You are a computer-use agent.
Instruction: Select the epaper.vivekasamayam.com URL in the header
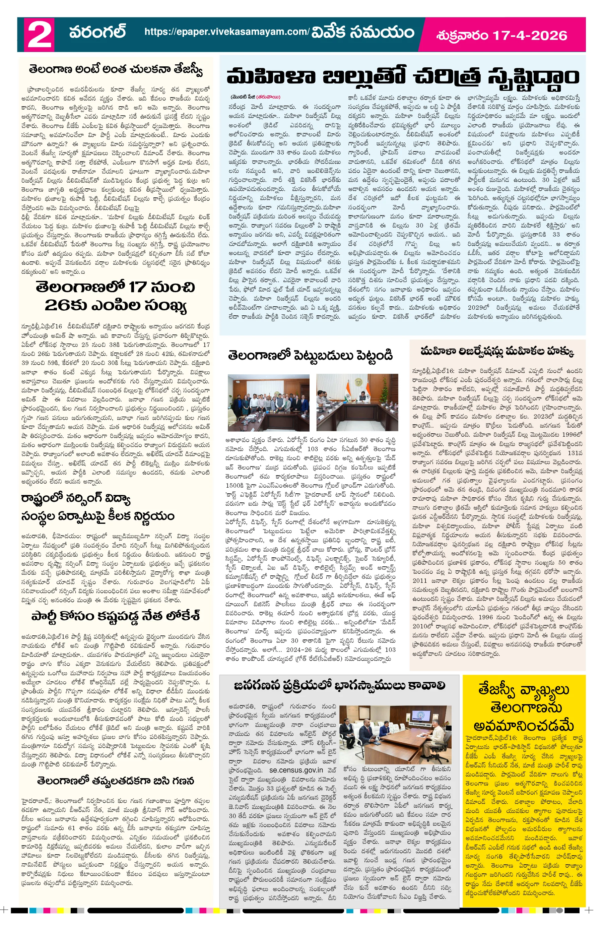pos(227,32)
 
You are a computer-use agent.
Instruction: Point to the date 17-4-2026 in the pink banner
pos(530,36)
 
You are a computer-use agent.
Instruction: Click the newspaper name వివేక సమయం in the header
pos(362,32)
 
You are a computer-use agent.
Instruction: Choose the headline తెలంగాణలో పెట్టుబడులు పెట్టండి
pos(310,356)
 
